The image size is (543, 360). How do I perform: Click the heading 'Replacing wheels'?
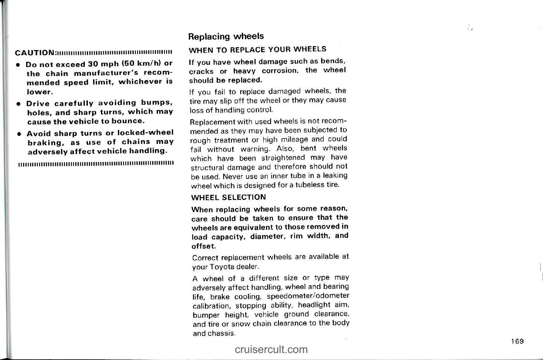226,36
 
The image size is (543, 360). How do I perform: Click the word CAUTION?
34,54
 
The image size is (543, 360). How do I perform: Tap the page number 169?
517,341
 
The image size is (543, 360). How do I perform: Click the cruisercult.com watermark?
271,350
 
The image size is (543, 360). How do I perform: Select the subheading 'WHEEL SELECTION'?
228,197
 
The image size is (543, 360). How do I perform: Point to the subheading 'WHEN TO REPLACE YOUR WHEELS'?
257,49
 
